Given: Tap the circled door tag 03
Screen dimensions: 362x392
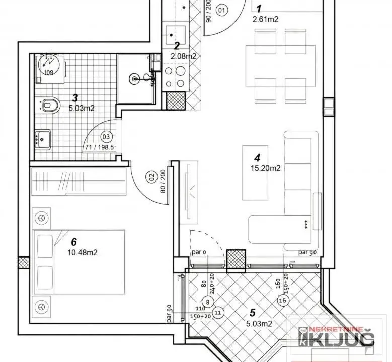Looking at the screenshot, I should pyautogui.click(x=106, y=136).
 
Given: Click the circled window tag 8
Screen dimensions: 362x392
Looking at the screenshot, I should pyautogui.click(x=210, y=301).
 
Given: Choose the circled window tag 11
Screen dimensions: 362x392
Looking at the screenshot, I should pyautogui.click(x=218, y=312).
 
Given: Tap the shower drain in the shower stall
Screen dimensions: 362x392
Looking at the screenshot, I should pyautogui.click(x=134, y=78).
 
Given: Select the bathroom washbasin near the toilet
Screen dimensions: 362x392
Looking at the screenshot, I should pyautogui.click(x=42, y=137).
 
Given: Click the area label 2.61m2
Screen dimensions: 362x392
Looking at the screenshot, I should pyautogui.click(x=266, y=19).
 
